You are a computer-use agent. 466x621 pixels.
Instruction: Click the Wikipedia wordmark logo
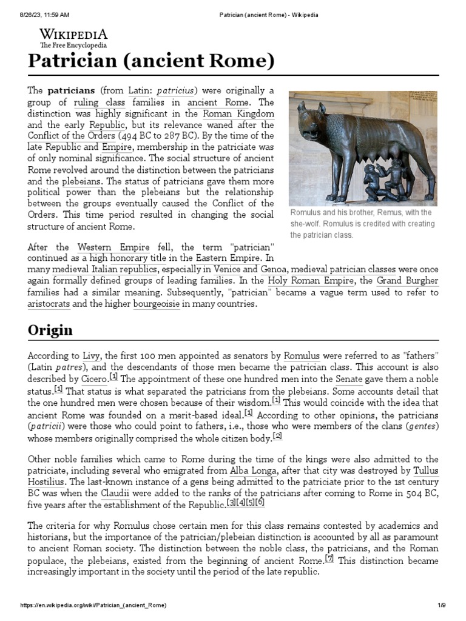tap(73, 34)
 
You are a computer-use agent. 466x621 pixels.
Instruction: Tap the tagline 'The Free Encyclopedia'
tap(73, 45)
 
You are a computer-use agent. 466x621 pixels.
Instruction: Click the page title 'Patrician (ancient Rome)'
tap(151, 61)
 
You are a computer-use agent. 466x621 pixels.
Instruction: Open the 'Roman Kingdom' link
tap(238, 113)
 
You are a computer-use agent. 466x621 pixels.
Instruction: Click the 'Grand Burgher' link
tap(407, 281)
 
